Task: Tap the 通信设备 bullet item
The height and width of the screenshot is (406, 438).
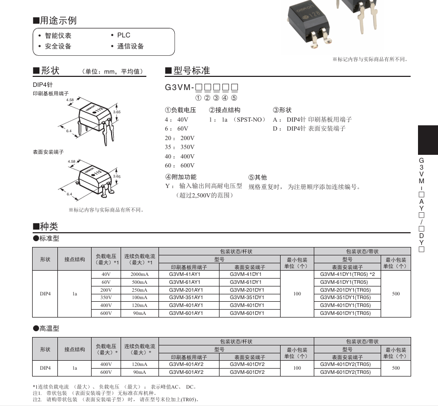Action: tap(130, 46)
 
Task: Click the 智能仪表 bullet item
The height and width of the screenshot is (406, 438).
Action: tap(58, 35)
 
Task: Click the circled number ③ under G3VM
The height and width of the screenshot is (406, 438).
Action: tap(216, 98)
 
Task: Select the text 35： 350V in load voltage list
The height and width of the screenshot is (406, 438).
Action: tap(180, 147)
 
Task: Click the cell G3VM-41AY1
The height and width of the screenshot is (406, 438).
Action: tap(186, 274)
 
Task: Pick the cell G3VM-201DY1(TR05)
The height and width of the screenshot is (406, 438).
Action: tap(345, 290)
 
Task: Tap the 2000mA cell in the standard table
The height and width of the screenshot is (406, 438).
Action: tap(140, 274)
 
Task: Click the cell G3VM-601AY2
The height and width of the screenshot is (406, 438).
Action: tap(186, 372)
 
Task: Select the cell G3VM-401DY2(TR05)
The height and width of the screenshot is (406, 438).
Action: tap(345, 364)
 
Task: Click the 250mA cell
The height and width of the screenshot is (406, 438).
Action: tap(140, 290)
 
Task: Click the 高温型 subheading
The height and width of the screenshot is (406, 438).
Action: tap(49, 328)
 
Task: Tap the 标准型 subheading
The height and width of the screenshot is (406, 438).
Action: tap(49, 239)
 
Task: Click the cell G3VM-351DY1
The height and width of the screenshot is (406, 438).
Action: tap(247, 298)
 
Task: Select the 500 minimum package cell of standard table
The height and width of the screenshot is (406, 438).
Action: tap(396, 294)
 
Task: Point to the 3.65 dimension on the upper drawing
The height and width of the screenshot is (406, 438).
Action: tap(117, 112)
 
